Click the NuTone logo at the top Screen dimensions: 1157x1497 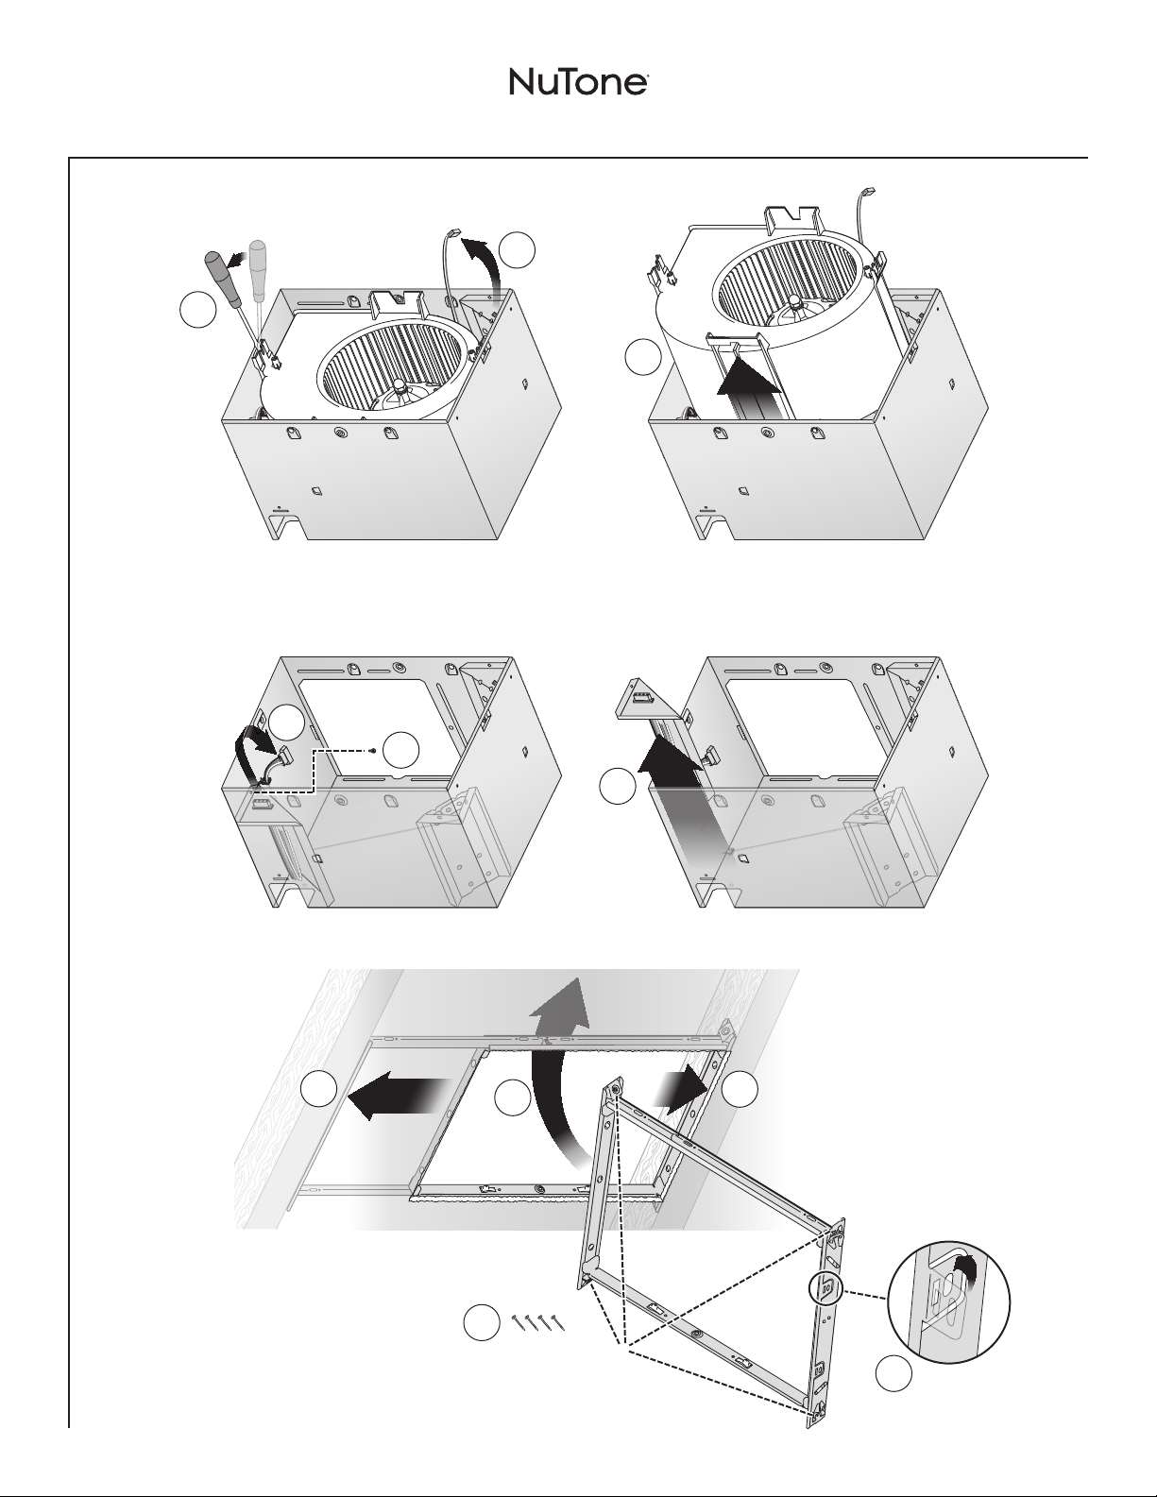tap(578, 82)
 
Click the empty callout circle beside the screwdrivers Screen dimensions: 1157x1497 tap(198, 310)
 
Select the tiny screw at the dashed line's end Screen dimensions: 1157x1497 tap(371, 750)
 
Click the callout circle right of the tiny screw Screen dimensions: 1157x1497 tap(400, 750)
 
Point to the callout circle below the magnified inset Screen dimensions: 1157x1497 tap(893, 1373)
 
